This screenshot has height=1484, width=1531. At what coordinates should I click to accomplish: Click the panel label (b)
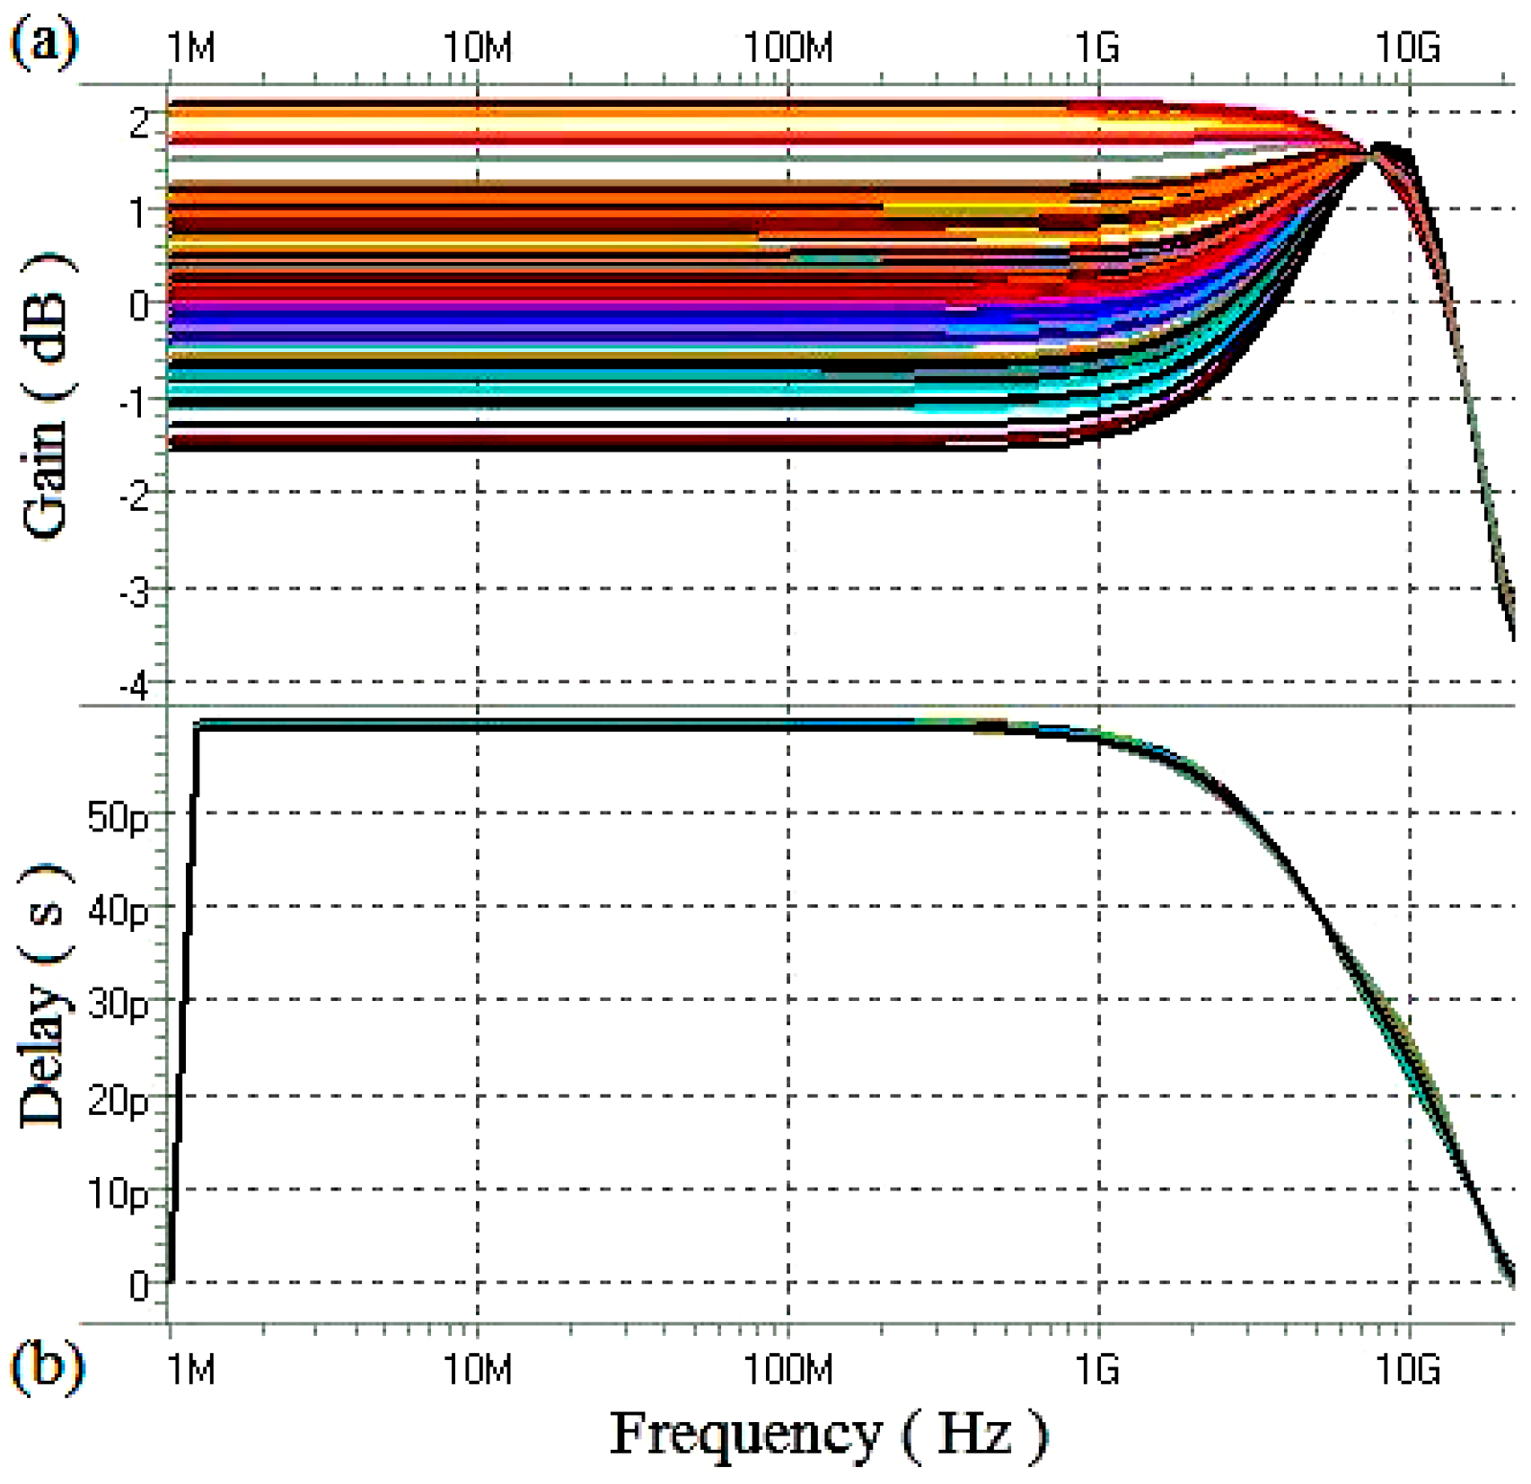point(47,1367)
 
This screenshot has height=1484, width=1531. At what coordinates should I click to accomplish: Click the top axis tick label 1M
point(190,46)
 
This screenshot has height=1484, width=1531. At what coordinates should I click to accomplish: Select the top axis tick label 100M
point(788,46)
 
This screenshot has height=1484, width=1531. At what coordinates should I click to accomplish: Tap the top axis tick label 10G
point(1408,46)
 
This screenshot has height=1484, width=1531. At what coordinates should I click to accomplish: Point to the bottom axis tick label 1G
point(1097,1370)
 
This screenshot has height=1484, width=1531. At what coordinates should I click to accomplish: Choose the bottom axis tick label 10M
point(478,1370)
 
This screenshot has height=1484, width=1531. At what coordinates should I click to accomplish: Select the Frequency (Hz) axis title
point(828,1434)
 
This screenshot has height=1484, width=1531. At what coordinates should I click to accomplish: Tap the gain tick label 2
point(138,122)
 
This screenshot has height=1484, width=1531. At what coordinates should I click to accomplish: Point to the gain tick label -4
point(134,687)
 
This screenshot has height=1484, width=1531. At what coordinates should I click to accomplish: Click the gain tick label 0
point(138,306)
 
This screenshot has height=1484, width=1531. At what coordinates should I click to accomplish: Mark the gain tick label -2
point(134,496)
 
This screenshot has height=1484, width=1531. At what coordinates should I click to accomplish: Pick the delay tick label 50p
point(118,817)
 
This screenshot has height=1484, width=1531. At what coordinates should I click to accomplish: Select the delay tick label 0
point(138,1286)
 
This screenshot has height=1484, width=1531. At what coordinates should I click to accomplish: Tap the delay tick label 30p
point(118,1004)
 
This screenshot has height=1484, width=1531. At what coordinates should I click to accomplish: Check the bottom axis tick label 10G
point(1408,1370)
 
